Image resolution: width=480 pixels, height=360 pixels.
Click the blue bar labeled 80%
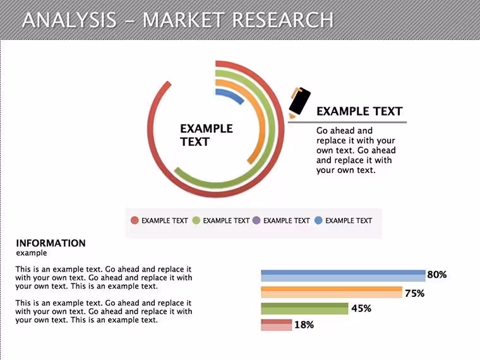click(x=343, y=275)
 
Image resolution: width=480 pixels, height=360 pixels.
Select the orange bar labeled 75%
click(x=332, y=292)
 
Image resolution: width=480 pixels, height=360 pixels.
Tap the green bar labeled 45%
click(x=304, y=309)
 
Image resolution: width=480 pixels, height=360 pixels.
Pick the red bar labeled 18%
click(x=277, y=325)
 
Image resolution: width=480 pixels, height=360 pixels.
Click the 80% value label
click(x=437, y=275)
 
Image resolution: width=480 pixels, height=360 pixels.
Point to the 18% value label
click(x=304, y=325)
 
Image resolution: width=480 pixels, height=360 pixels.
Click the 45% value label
click(x=361, y=308)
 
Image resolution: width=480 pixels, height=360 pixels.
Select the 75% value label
click(x=414, y=293)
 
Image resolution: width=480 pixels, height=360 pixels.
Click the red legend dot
click(x=135, y=220)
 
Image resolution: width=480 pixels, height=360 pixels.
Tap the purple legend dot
click(x=256, y=220)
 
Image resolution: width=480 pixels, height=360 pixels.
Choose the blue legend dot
click(x=318, y=220)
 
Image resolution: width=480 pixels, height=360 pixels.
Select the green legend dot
click(x=196, y=220)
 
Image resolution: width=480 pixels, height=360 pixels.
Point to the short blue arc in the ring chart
click(x=232, y=94)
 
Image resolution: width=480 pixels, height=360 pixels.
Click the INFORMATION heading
click(x=51, y=243)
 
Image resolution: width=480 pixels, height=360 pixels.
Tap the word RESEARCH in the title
click(x=282, y=20)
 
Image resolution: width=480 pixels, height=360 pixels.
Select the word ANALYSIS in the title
click(x=69, y=20)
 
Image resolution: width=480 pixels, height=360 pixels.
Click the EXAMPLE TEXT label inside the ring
click(x=207, y=135)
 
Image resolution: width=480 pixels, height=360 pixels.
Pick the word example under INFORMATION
click(x=32, y=253)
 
